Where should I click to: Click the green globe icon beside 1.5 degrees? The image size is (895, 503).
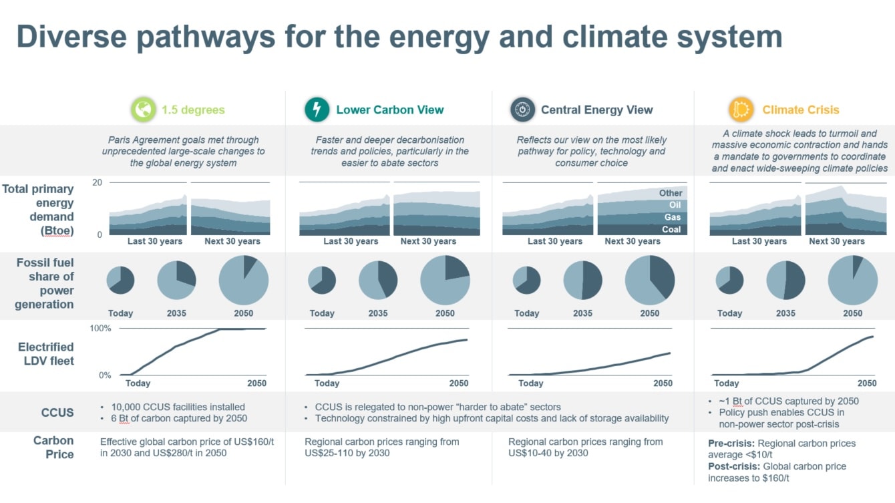coord(144,110)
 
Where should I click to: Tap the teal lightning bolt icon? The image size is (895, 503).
coord(317,110)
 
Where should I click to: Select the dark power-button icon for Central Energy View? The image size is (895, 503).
coord(522,110)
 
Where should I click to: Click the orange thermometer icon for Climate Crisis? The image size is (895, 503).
coord(741,110)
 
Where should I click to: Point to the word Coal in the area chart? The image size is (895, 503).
coord(671,229)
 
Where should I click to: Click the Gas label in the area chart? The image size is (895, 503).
coord(673,217)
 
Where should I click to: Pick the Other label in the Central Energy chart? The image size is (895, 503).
coord(671,193)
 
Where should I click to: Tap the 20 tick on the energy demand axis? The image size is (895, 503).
coord(97,182)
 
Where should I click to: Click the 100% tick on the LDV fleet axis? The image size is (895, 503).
coord(100,329)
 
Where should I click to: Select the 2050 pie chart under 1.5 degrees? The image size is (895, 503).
coord(244,280)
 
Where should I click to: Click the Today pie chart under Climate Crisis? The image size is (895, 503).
coord(729,280)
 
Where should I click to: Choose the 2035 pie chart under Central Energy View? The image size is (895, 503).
coord(582,280)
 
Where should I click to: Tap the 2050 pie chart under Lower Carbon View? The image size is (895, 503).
coord(445,280)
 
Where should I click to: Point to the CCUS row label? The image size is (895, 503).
coord(57,412)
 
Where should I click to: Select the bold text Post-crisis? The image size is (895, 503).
coord(734,466)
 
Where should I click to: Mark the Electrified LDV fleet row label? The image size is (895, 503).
coord(46,354)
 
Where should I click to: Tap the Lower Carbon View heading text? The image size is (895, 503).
coord(390,110)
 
